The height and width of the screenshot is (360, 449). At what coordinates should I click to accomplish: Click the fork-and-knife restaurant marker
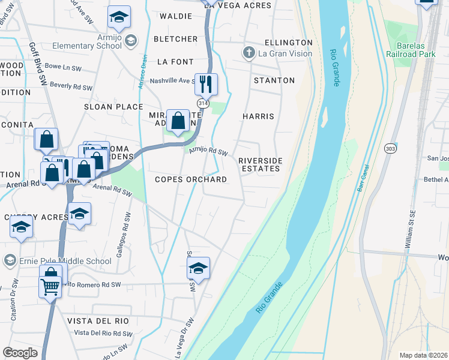coord(206,84)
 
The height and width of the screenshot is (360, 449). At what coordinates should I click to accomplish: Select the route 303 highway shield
coord(390,148)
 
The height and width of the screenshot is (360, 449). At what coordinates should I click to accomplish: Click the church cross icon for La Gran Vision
coord(249,53)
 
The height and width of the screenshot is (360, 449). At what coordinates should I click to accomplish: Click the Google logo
coord(20,353)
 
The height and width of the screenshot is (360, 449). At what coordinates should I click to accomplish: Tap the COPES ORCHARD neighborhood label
coord(190,179)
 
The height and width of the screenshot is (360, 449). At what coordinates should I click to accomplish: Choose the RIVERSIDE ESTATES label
coord(259,164)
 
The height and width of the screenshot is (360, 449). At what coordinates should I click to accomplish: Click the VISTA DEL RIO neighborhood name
coord(98,321)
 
